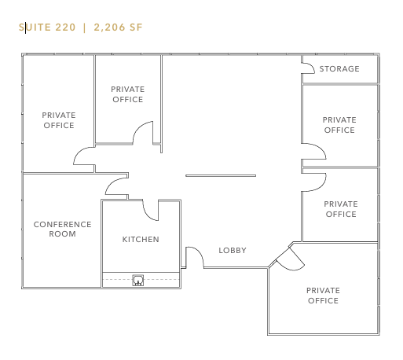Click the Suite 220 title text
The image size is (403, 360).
(x=47, y=28)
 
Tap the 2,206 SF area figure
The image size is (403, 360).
(x=118, y=28)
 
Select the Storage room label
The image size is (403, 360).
(x=339, y=69)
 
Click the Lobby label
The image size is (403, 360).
(x=233, y=251)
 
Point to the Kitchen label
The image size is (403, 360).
(x=141, y=240)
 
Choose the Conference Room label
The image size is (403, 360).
(x=62, y=230)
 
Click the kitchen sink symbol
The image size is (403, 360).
(x=138, y=279)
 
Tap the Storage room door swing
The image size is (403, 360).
(x=309, y=68)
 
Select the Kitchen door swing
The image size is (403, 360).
(x=150, y=209)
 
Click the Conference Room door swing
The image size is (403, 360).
(x=115, y=187)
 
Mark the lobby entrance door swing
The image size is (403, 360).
(x=194, y=257)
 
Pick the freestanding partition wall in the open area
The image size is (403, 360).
(x=220, y=175)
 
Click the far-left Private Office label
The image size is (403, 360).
(x=59, y=120)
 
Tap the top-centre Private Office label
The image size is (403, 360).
(x=127, y=94)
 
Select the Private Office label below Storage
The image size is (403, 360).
(x=339, y=125)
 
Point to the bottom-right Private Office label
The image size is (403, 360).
(x=323, y=296)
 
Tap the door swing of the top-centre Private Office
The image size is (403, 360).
(x=144, y=134)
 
